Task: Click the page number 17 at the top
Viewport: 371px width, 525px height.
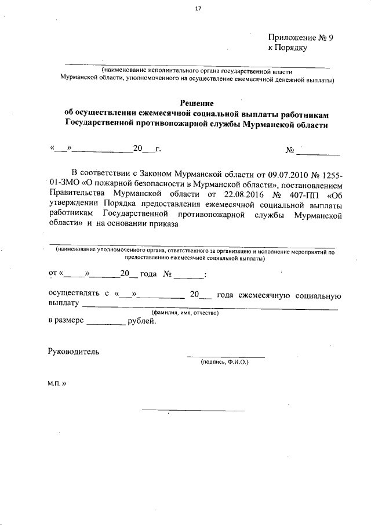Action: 198,8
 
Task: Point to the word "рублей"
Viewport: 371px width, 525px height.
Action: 141,320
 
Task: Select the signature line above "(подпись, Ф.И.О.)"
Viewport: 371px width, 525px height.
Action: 225,356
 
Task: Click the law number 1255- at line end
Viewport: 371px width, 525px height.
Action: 328,173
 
